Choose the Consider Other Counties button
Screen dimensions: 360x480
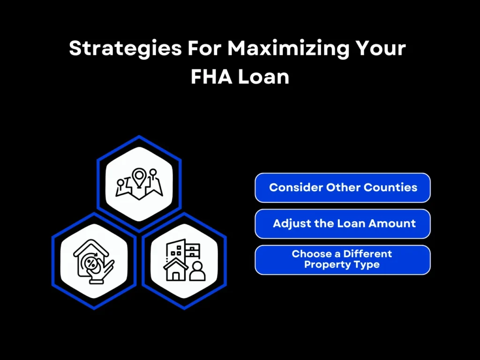343,187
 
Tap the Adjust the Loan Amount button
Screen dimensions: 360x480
343,224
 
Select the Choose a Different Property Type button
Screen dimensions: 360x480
343,260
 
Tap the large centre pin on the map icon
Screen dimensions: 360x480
139,177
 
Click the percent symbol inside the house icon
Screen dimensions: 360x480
92,259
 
